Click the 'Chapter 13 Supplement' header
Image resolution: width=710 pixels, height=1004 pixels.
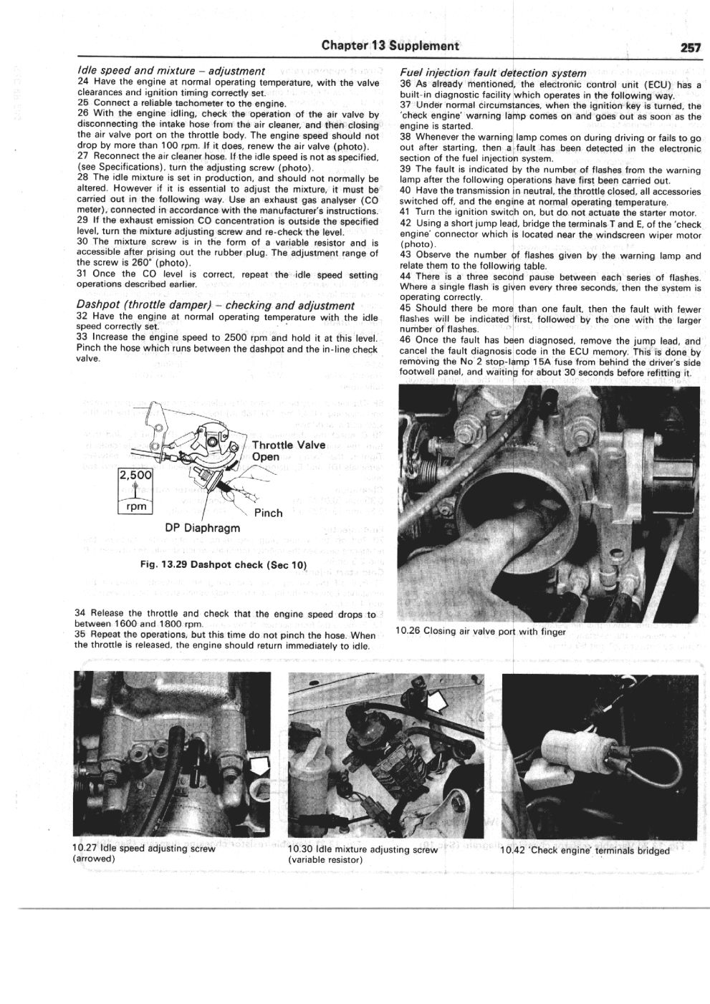point(390,47)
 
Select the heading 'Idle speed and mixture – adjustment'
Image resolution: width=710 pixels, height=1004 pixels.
point(171,72)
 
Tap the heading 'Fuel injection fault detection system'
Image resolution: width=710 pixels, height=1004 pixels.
point(494,73)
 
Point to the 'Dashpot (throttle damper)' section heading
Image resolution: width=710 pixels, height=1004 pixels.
point(215,305)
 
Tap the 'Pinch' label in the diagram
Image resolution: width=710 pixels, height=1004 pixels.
point(268,513)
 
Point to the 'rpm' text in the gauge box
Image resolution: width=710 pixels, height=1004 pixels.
point(136,507)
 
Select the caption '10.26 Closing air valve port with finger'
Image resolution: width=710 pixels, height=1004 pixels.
point(480,632)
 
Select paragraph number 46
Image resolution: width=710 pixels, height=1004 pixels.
point(406,342)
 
